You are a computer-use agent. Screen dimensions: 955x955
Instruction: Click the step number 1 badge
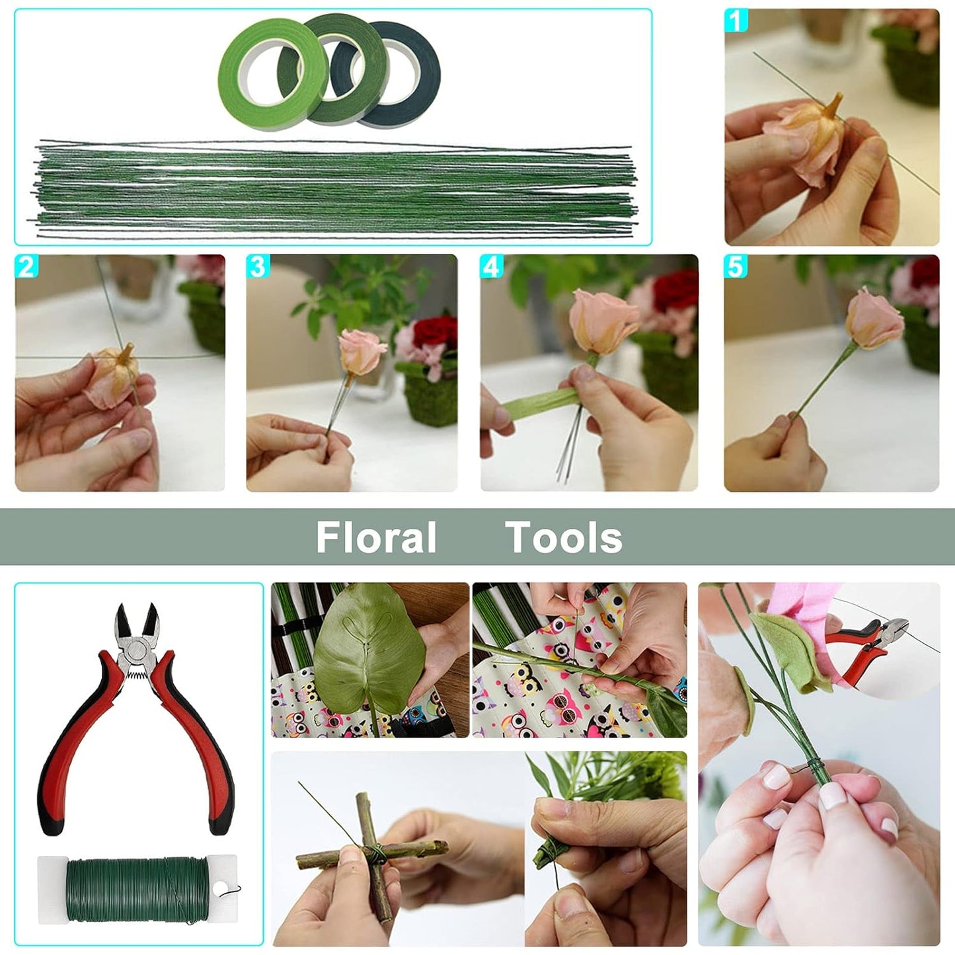(x=736, y=20)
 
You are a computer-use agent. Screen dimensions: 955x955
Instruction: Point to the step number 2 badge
(x=26, y=267)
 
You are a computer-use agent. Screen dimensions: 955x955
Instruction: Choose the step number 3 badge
(x=258, y=267)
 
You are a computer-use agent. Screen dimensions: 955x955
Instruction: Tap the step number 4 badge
(x=491, y=267)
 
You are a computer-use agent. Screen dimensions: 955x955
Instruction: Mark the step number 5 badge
(x=735, y=267)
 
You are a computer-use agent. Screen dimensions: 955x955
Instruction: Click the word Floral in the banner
(x=376, y=537)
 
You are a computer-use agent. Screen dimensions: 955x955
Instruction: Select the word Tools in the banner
(x=564, y=537)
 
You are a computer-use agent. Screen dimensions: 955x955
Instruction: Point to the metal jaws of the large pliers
(x=137, y=628)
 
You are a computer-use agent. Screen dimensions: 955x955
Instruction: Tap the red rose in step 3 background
(x=436, y=330)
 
